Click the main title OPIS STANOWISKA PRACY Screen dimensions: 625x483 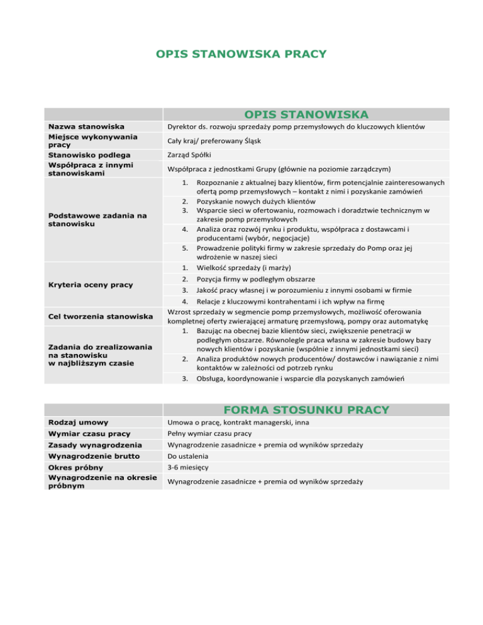[241, 53]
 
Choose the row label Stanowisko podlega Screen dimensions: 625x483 [92, 155]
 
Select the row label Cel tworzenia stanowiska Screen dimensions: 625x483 [101, 315]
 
